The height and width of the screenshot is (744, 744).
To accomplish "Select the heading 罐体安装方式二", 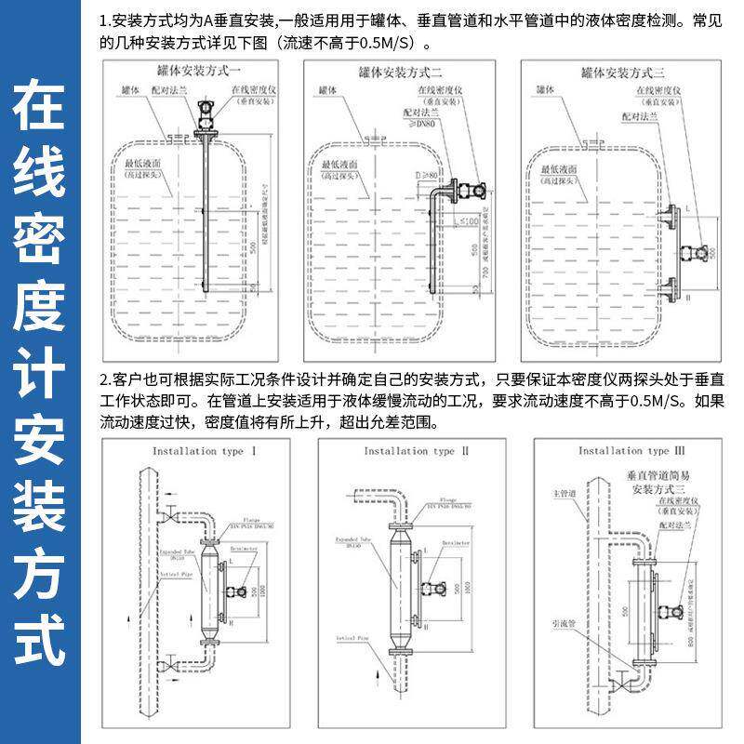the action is click(400, 72).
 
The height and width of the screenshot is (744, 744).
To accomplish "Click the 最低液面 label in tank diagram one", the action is click(144, 164).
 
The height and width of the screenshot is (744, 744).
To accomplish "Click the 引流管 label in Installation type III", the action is click(565, 627).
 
